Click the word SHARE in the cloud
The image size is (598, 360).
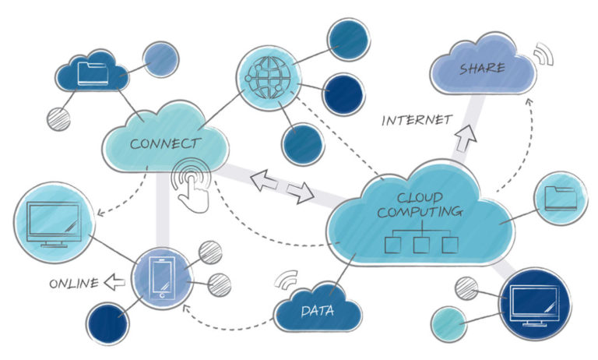[x=481, y=69]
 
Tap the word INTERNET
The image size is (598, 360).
[x=417, y=120]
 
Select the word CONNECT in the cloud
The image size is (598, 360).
[x=164, y=143]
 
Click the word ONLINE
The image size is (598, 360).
[x=73, y=283]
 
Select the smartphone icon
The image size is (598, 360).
[x=162, y=277]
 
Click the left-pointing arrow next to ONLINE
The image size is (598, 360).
[x=117, y=282]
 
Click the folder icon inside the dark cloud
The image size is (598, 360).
[x=93, y=73]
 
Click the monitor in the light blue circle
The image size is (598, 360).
[x=52, y=222]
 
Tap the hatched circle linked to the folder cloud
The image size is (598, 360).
[x=58, y=118]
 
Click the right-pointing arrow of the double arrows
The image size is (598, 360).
[x=300, y=192]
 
